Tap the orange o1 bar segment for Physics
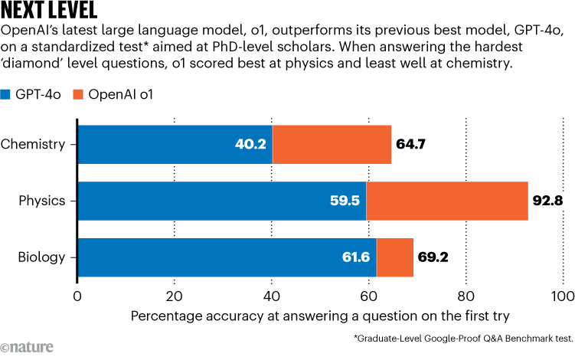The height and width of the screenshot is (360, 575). click(x=447, y=201)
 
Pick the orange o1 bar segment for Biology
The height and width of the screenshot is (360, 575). click(x=395, y=257)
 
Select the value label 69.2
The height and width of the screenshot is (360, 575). click(x=433, y=257)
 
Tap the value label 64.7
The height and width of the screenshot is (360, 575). click(x=411, y=143)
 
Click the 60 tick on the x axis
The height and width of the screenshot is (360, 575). click(x=368, y=296)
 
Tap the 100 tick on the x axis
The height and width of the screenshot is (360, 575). click(x=562, y=296)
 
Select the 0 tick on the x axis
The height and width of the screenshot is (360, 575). click(x=77, y=296)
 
